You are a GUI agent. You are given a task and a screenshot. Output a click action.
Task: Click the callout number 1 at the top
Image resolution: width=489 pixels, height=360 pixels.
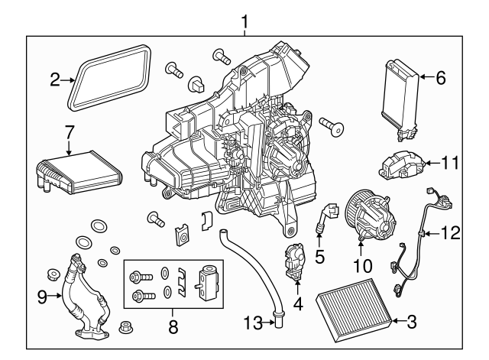click(x=244, y=21)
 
